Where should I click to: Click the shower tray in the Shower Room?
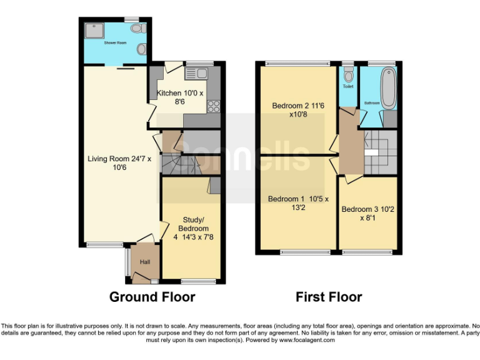tap(96, 31)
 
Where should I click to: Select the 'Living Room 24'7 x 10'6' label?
tap(115, 164)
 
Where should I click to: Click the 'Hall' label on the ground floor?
tap(144, 262)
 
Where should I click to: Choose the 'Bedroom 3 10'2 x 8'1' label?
tap(367, 214)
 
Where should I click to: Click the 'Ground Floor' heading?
tap(152, 297)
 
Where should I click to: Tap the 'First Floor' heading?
tap(329, 297)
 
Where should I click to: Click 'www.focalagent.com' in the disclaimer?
tap(307, 341)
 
